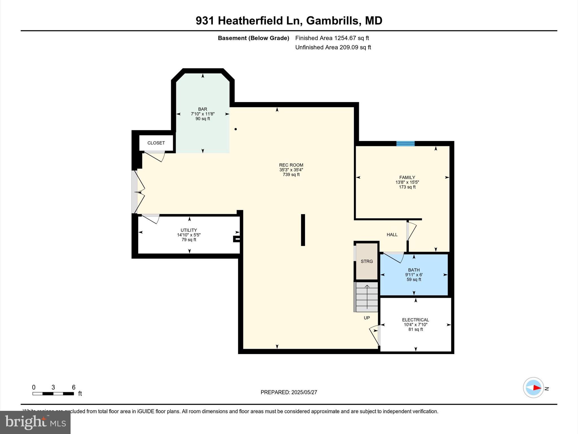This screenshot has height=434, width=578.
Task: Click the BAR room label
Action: tap(202, 109)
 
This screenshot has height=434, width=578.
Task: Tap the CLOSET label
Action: tap(156, 143)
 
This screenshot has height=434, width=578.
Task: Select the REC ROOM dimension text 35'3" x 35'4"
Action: tap(291, 170)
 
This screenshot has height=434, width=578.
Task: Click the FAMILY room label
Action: tap(407, 177)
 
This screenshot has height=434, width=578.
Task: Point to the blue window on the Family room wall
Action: tap(405, 144)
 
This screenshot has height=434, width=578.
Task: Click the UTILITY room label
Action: tap(189, 230)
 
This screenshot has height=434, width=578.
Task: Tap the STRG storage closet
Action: tap(367, 261)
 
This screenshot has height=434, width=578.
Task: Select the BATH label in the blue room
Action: tap(414, 270)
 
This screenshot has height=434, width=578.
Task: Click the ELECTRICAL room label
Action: tap(415, 320)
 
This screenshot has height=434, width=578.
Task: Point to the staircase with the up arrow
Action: tap(367, 297)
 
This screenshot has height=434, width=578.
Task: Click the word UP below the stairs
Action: tap(367, 318)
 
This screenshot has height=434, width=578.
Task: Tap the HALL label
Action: tap(392, 235)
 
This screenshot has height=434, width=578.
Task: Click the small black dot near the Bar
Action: tap(236, 129)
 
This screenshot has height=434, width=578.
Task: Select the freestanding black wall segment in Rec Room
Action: tap(303, 230)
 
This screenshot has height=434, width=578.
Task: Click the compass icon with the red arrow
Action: tap(533, 388)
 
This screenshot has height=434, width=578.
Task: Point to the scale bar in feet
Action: tap(53, 393)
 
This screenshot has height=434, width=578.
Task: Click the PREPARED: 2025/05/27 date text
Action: tap(289, 392)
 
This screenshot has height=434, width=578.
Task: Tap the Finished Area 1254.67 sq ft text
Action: tap(332, 38)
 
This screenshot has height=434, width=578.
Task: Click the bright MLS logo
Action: tap(35, 422)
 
